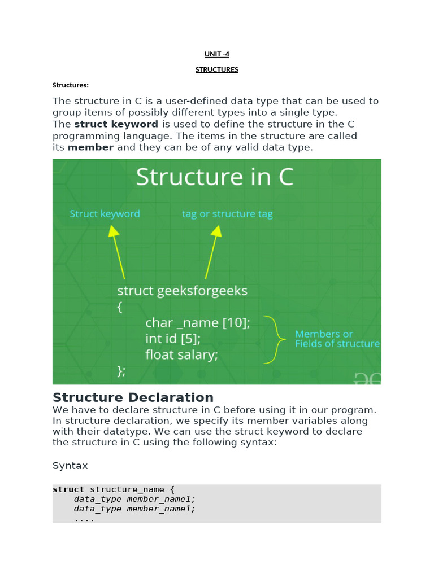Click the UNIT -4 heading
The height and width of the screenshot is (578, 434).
pos(217,54)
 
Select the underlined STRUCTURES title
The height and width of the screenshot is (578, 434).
pos(217,69)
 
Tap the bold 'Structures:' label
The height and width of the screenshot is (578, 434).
pos(71,85)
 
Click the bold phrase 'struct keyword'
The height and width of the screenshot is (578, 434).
pos(116,124)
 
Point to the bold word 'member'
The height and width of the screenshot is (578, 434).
pos(90,147)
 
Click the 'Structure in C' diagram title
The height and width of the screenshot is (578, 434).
pos(215,177)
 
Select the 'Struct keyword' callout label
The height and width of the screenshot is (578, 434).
pos(105,214)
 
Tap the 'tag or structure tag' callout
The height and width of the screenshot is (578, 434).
pos(227,214)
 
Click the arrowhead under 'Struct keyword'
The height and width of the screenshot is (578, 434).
pos(114,231)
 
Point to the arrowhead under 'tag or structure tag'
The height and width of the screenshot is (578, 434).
pos(216,231)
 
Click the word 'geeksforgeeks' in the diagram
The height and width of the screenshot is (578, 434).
pos(202,291)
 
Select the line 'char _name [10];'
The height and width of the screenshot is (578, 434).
pos(197,322)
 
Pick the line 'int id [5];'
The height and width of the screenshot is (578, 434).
pos(173,339)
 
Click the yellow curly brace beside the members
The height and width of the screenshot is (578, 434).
pos(273,339)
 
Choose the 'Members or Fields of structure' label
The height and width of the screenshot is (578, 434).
pos(337,339)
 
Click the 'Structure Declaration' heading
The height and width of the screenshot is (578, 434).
pos(133,397)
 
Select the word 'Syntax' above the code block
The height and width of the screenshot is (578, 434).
pos(71,466)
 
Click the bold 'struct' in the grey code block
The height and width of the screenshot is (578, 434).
pos(68,489)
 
